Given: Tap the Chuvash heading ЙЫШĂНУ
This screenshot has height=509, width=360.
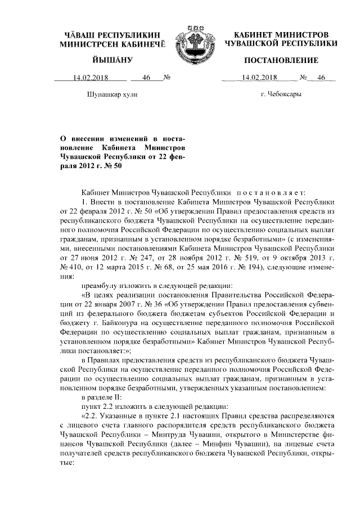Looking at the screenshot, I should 112,60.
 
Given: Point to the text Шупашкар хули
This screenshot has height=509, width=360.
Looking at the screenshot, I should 112,95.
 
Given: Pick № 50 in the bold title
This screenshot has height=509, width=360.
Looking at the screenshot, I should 112,166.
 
